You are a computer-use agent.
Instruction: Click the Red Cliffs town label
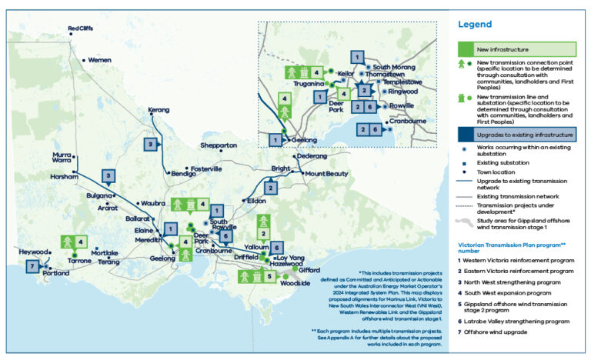coord(81,29)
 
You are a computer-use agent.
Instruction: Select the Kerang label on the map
coord(158,111)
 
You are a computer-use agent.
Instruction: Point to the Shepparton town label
coord(218,145)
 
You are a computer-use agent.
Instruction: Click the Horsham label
coord(64,177)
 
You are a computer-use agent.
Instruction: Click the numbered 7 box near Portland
coord(32,266)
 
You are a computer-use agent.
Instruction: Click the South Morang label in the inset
coord(393,68)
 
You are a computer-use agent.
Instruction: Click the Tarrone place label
coord(79,261)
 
